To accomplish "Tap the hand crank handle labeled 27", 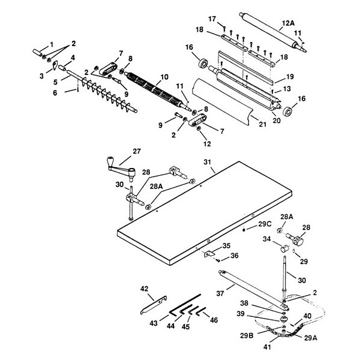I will [112, 163].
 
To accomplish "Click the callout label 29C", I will [265, 224].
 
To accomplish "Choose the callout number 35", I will [226, 245].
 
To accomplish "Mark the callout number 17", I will [212, 19].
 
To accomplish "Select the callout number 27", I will [136, 152].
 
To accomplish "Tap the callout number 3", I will [42, 77].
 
